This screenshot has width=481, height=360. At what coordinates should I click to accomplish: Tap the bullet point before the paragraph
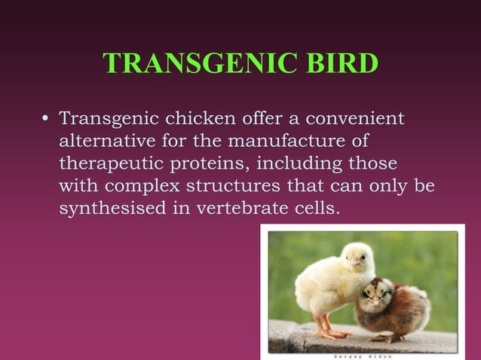coord(45,119)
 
